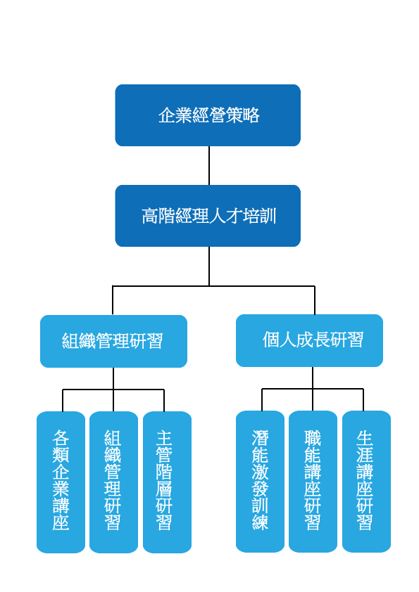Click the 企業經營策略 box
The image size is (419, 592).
pyautogui.click(x=208, y=115)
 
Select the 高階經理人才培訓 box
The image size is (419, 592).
pyautogui.click(x=208, y=216)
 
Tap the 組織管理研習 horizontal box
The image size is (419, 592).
pyautogui.click(x=113, y=341)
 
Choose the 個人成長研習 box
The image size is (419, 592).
pyautogui.click(x=309, y=340)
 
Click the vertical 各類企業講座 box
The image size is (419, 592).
pyautogui.click(x=61, y=482)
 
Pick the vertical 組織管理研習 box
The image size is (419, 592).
pyautogui.click(x=113, y=482)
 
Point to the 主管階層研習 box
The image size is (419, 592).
pyautogui.click(x=167, y=482)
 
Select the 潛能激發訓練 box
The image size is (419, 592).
pyautogui.click(x=260, y=482)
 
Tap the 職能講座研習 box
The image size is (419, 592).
pyautogui.click(x=313, y=482)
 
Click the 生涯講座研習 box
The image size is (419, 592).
pyautogui.click(x=366, y=482)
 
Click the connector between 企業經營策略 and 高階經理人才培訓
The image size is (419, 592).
pyautogui.click(x=209, y=165)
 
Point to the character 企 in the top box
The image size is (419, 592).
pyautogui.click(x=167, y=115)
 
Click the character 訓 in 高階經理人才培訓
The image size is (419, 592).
pyautogui.click(x=268, y=216)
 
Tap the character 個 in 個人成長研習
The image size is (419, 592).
pyautogui.click(x=270, y=340)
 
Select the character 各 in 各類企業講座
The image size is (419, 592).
pyautogui.click(x=61, y=437)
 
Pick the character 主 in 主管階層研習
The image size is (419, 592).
pyautogui.click(x=164, y=437)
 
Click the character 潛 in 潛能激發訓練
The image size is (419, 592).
pyautogui.click(x=260, y=437)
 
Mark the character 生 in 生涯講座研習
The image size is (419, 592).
pyautogui.click(x=365, y=437)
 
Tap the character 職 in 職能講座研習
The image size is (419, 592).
pyautogui.click(x=313, y=437)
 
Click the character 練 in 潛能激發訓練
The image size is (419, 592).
pyautogui.click(x=260, y=522)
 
